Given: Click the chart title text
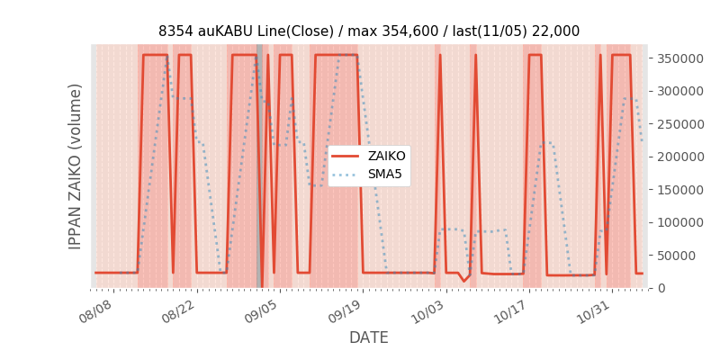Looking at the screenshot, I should coord(369,31).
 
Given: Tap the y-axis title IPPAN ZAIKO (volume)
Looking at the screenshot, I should coord(76,166).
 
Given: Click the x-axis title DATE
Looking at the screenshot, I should coord(369,337).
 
